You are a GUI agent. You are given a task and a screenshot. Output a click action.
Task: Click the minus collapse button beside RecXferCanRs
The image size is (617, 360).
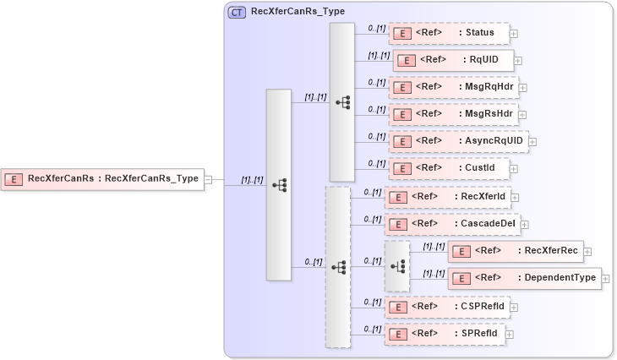pyautogui.click(x=208, y=178)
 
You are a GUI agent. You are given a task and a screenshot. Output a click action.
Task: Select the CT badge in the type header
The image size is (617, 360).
pyautogui.click(x=238, y=13)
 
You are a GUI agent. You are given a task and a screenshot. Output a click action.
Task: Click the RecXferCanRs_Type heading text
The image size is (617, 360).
pyautogui.click(x=298, y=13)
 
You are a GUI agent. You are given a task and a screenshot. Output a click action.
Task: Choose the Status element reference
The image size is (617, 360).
pyautogui.click(x=449, y=33)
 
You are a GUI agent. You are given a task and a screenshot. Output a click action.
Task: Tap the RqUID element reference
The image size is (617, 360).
pyautogui.click(x=453, y=60)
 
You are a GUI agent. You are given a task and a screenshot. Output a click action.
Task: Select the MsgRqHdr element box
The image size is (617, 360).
pyautogui.click(x=453, y=87)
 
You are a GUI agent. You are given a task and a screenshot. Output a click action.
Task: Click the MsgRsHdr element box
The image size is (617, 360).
pyautogui.click(x=453, y=114)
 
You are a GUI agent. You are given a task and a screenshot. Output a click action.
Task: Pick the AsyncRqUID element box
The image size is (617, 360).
pyautogui.click(x=458, y=141)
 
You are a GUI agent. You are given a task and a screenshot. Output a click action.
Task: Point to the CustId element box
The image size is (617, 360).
pyautogui.click(x=449, y=168)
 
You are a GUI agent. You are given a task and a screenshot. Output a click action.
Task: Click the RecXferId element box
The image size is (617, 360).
pyautogui.click(x=447, y=197)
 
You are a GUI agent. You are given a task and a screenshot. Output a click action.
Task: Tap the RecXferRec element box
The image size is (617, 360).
pyautogui.click(x=515, y=251)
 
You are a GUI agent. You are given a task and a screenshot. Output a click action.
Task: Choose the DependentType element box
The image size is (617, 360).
pyautogui.click(x=524, y=277)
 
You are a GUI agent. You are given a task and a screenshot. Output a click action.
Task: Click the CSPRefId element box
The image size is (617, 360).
pyautogui.click(x=446, y=306)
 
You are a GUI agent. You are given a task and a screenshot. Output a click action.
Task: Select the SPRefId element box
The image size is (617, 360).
pyautogui.click(x=445, y=334)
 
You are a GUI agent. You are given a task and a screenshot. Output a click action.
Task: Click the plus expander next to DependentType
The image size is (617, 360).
pyautogui.click(x=605, y=278)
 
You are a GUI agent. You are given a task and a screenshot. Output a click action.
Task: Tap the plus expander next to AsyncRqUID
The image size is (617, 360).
pyautogui.click(x=532, y=142)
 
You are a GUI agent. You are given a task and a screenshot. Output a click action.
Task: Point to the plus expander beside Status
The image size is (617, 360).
pyautogui.click(x=514, y=34)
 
